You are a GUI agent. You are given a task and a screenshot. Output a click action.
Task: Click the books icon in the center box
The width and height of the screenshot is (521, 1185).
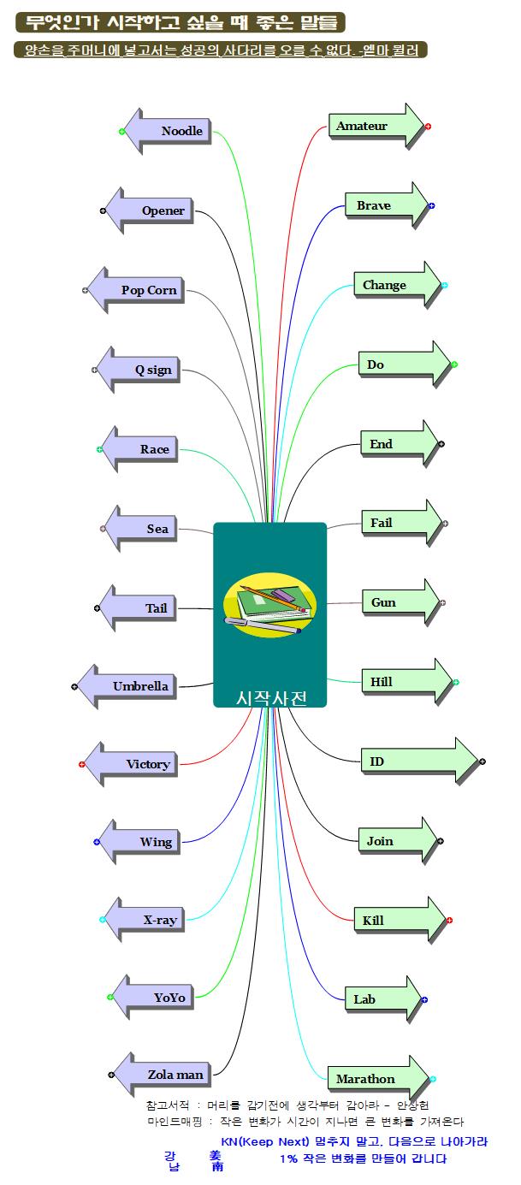269,607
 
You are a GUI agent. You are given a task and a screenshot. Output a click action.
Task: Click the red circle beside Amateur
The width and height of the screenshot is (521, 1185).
428,126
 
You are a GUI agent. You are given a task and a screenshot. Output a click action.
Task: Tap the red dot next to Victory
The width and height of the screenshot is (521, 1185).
82,764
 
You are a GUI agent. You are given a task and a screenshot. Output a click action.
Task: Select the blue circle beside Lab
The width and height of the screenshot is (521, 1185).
424,999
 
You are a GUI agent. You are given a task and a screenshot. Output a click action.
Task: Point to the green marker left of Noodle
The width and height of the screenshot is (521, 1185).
121,132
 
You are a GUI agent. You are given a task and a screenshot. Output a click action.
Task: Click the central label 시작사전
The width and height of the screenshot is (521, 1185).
270,697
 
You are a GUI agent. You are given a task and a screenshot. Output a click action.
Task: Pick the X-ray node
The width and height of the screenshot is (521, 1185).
150,920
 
